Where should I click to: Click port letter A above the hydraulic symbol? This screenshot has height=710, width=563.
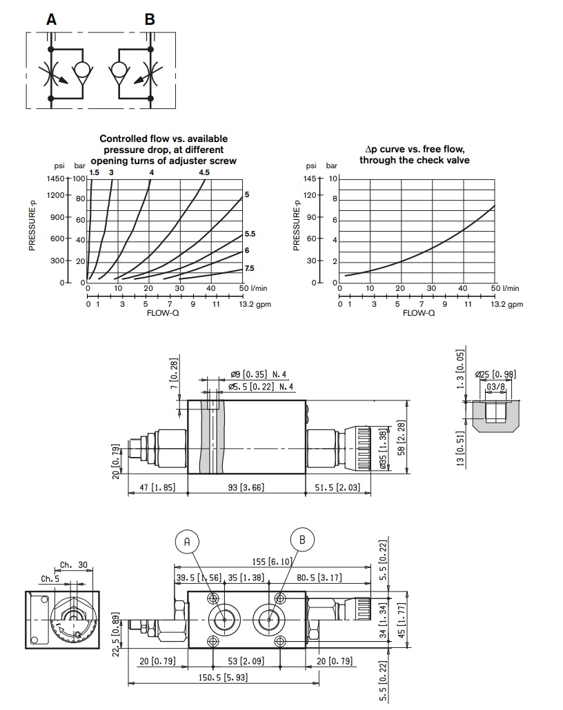click(x=51, y=20)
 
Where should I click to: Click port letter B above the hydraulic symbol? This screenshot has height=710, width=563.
click(x=150, y=20)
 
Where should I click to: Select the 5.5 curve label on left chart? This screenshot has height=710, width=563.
click(x=250, y=234)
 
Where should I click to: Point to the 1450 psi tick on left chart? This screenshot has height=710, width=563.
click(x=56, y=178)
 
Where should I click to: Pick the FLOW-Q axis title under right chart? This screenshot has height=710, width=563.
click(x=419, y=312)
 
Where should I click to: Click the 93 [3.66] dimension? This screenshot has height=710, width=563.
click(x=247, y=487)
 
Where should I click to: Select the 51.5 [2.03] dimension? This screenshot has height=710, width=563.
click(x=338, y=487)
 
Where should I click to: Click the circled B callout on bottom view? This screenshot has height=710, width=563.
click(x=302, y=539)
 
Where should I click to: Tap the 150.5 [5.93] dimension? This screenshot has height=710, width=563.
click(x=223, y=678)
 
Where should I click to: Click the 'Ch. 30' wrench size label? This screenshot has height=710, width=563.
click(x=75, y=565)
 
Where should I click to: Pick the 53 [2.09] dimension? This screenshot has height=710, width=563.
click(x=246, y=662)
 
